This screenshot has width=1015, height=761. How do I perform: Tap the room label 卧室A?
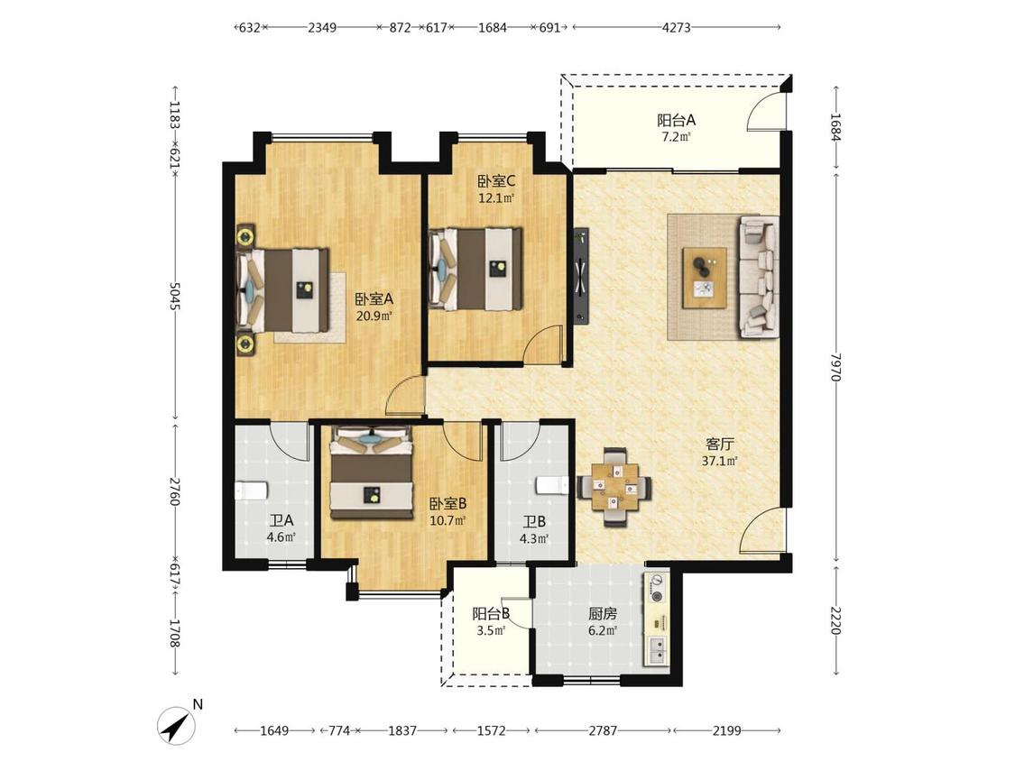coord(374,299)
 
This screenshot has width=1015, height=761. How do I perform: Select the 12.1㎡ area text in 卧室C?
coord(496,198)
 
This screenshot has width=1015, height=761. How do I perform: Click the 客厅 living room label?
coord(720,445)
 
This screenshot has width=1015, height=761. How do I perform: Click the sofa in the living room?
coord(760,277)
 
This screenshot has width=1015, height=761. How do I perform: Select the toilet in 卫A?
coord(251,490)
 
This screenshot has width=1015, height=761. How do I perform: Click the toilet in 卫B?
coord(552,485)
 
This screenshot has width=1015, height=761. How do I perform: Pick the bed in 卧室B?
coord(372,472)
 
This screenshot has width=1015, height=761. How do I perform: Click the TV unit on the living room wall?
coord(581,274)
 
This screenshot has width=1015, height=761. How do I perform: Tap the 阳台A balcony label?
coord(677,120)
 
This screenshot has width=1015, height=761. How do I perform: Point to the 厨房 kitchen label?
coord(602,613)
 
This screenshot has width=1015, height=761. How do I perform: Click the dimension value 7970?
coord(835,366)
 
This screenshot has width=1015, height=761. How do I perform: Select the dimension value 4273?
coord(677,27)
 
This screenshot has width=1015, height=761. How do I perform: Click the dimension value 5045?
coord(174,296)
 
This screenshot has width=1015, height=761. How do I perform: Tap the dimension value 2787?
coord(603,730)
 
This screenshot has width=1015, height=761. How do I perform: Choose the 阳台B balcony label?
coord(491,613)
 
